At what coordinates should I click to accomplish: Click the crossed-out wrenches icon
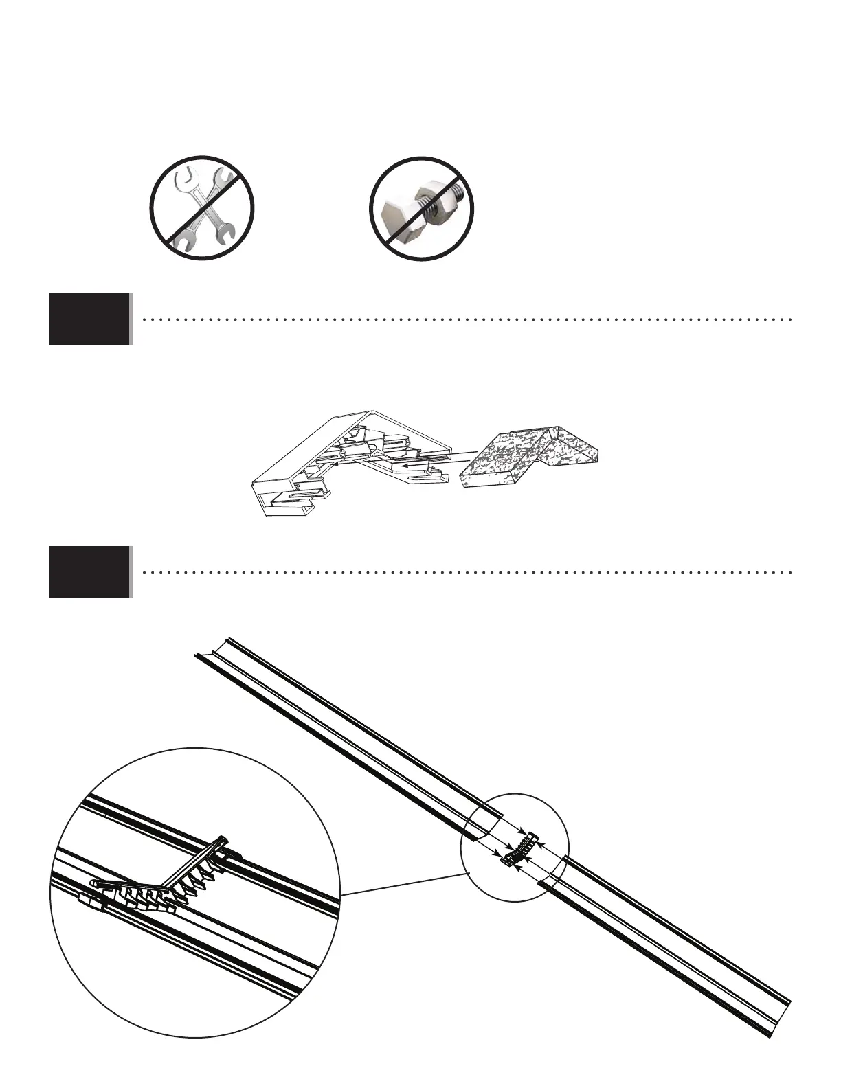coord(202,208)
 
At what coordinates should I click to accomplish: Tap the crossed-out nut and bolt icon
coord(421,208)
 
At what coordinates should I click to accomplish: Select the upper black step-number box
coord(89,319)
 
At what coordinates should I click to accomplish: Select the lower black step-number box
coord(89,571)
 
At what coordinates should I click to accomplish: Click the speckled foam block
coord(529,457)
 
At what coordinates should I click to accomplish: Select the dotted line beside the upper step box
coord(467,319)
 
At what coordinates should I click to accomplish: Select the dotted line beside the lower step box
coord(467,572)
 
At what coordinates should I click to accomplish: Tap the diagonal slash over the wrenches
coord(202,208)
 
